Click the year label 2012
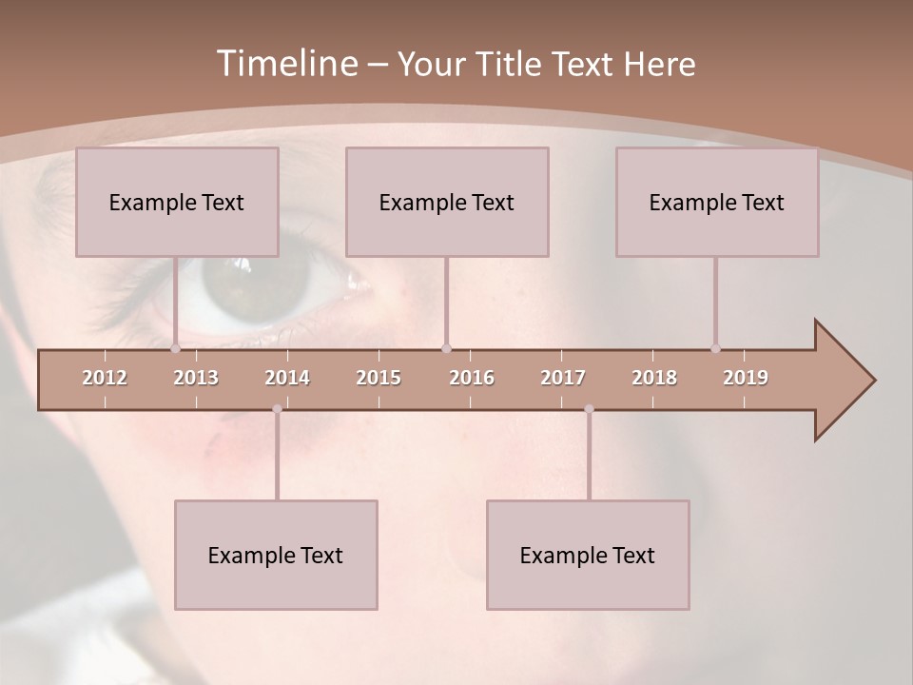(105, 378)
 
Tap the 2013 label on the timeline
(196, 378)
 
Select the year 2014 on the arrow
(287, 378)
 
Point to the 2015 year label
(379, 378)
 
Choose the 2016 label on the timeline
(472, 378)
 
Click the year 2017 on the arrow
(563, 378)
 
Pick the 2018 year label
(654, 378)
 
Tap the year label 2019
(746, 378)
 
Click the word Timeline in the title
(284, 64)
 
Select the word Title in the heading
(511, 65)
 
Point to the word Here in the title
(660, 65)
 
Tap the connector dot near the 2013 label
(175, 348)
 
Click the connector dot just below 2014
(277, 409)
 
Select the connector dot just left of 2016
(446, 348)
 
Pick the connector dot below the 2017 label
(589, 409)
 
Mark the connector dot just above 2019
(715, 348)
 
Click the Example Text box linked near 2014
(276, 555)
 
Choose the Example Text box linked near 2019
(717, 202)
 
